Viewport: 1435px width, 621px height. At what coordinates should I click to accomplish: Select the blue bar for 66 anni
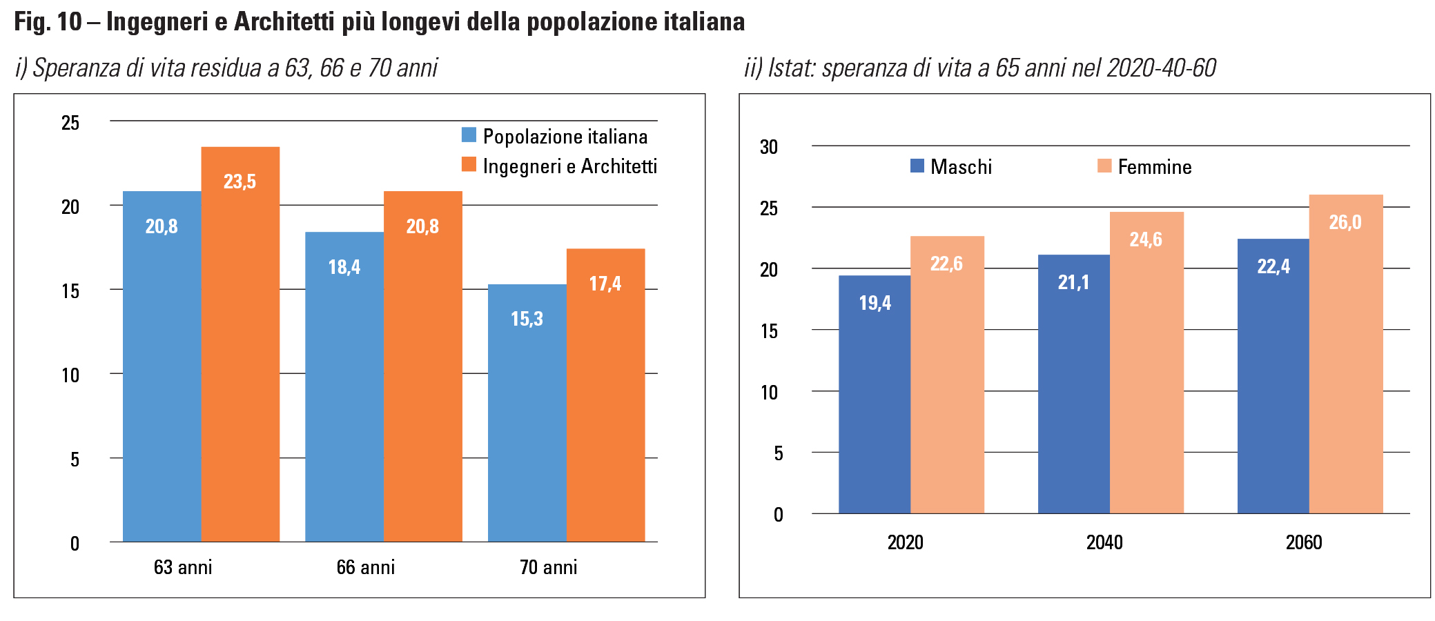[x=344, y=386]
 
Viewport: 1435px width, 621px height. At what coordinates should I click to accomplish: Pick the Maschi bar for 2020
[x=875, y=394]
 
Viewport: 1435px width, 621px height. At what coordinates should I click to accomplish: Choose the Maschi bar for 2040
[x=1073, y=384]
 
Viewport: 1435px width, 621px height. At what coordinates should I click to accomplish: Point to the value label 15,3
[x=527, y=319]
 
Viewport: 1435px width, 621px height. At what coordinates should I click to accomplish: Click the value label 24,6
[x=1146, y=239]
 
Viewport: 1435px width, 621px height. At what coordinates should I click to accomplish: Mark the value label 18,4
[x=344, y=267]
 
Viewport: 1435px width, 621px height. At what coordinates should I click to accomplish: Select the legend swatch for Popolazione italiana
[x=469, y=135]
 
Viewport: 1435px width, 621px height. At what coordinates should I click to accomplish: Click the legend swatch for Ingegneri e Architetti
[x=469, y=165]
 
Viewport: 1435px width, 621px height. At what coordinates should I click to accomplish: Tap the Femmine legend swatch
[x=1104, y=166]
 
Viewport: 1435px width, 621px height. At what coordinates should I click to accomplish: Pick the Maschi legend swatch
[x=917, y=166]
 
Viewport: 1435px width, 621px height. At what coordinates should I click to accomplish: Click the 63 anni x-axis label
[x=183, y=567]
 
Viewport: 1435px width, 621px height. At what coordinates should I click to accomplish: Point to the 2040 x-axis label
[x=1104, y=542]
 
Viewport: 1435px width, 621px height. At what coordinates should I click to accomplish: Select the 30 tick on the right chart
[x=768, y=147]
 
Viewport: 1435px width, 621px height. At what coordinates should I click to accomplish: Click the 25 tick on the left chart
[x=70, y=123]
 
